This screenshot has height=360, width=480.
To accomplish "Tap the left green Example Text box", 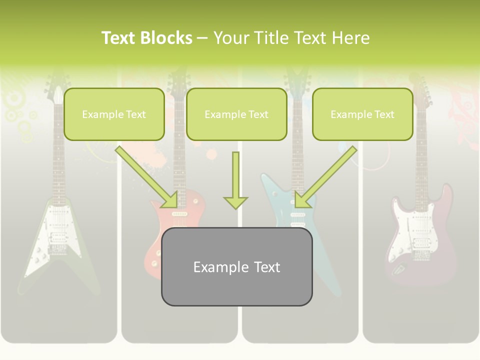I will coord(114,114).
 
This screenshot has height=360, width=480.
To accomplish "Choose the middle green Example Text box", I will coord(236,114).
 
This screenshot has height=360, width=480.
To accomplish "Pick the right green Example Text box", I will coord(362,114).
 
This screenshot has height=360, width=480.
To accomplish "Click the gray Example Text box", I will coord(236,266).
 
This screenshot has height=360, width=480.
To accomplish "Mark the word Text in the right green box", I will coord(384,114).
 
